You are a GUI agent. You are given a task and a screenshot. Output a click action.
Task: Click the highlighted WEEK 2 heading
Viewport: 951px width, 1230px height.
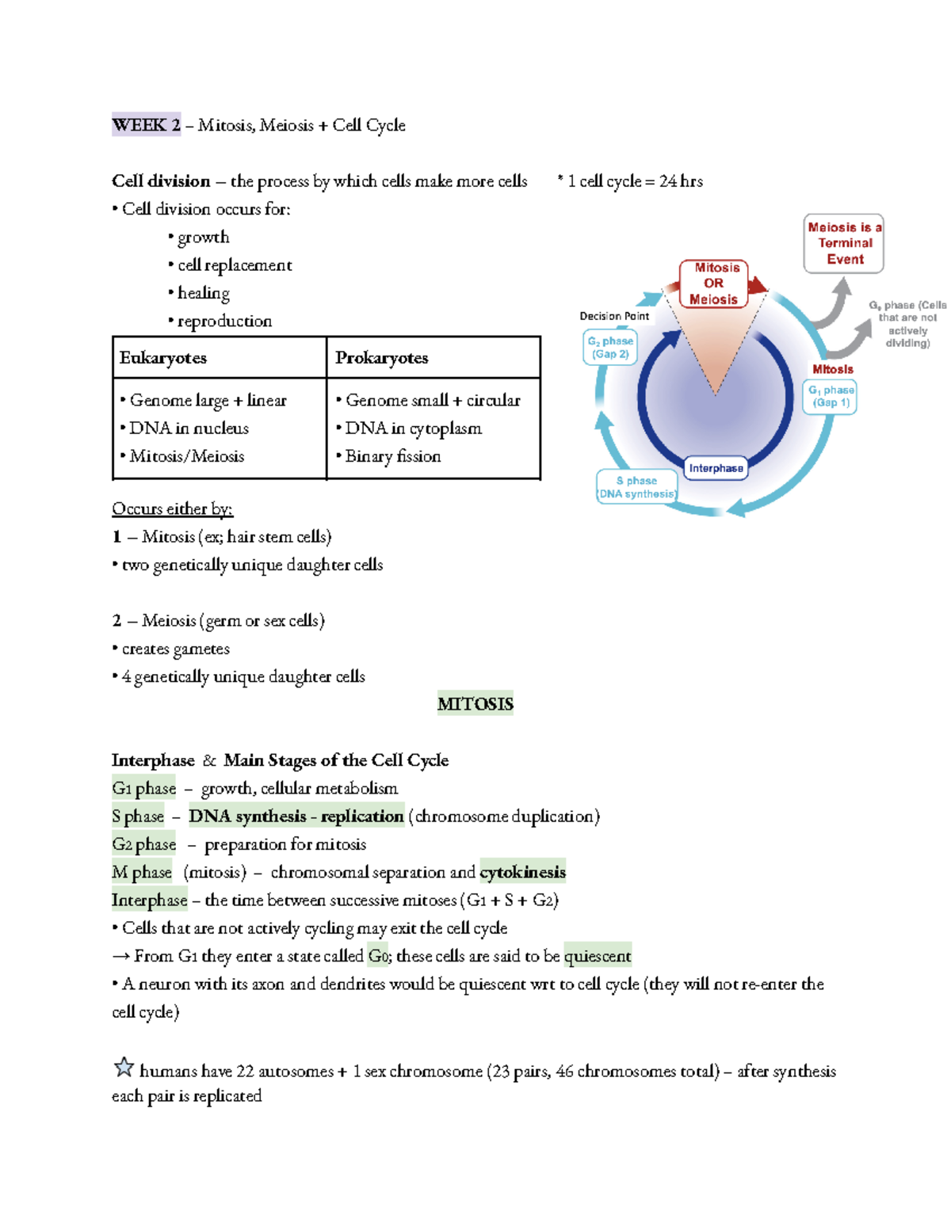click(x=146, y=124)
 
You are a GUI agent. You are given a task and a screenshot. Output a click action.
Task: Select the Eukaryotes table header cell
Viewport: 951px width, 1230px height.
click(x=219, y=357)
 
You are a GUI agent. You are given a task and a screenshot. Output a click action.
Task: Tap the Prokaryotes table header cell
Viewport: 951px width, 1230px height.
click(x=433, y=357)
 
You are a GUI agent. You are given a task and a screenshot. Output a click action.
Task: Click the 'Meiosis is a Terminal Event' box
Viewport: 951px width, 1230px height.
click(x=843, y=243)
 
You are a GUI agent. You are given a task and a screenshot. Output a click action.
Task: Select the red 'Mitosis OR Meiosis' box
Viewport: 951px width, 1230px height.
click(x=713, y=284)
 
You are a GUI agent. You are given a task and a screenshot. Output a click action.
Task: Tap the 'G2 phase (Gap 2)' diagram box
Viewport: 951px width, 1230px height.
click(x=610, y=348)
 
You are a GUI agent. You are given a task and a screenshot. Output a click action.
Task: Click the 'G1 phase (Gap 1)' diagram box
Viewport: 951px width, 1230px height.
click(x=831, y=396)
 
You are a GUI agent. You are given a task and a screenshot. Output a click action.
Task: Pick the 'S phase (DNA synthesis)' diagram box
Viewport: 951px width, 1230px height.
click(x=636, y=487)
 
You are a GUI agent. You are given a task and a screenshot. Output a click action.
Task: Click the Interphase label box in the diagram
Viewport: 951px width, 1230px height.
click(x=716, y=468)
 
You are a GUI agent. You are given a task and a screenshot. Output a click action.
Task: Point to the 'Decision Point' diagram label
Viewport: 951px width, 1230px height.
click(x=614, y=316)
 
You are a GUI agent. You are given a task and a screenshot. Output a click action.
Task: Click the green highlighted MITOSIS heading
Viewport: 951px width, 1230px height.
click(x=475, y=703)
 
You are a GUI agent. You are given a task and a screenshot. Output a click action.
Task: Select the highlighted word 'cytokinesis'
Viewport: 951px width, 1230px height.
click(x=522, y=872)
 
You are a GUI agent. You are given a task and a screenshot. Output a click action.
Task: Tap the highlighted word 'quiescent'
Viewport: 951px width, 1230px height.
click(x=598, y=956)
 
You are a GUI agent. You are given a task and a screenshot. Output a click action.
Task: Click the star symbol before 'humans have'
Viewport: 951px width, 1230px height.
click(x=124, y=1068)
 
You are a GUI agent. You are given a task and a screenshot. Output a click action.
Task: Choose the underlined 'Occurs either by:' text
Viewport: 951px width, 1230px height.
click(x=172, y=508)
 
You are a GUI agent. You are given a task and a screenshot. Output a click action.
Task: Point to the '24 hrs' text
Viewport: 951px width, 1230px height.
click(x=681, y=181)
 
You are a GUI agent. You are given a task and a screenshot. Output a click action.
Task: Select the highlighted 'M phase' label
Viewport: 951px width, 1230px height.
click(x=142, y=872)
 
